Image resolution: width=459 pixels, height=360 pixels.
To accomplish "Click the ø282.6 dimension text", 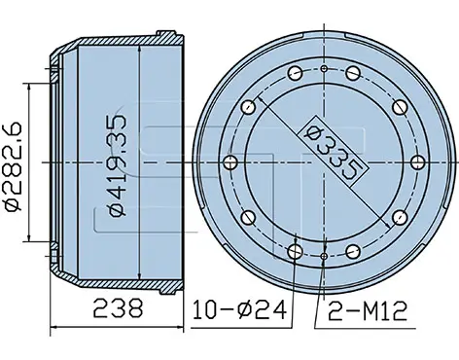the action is pos(13,166).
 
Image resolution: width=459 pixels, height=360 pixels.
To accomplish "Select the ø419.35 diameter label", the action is pos(118,166).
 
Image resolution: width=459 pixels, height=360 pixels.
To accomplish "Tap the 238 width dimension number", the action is pos(118,308).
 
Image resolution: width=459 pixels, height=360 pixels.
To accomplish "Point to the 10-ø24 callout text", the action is pos(239,309).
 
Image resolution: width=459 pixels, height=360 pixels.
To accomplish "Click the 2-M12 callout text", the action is pos(368,310).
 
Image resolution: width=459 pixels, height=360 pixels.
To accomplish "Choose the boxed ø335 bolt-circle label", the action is pos(334,152).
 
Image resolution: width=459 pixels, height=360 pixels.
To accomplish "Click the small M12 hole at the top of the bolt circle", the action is pos(324,69).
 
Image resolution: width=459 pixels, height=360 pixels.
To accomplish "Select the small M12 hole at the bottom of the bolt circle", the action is pos(324,257).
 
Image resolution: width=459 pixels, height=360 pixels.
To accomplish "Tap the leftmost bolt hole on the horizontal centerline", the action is pos(230,162).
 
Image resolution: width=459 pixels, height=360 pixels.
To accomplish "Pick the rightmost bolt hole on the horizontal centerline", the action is pos(417,162).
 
